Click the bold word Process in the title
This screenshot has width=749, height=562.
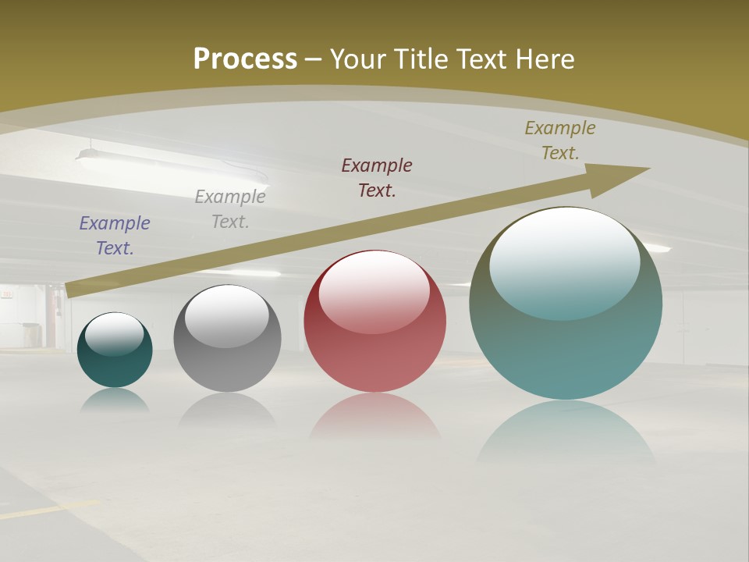245,59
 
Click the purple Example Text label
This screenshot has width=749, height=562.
115,236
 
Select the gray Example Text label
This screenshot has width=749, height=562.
230,209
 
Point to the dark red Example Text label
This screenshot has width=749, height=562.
377,177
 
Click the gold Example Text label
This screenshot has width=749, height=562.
560,140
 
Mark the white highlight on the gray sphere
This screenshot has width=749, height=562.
227,315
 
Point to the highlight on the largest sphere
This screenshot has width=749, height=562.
565,261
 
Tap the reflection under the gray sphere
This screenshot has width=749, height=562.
227,410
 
